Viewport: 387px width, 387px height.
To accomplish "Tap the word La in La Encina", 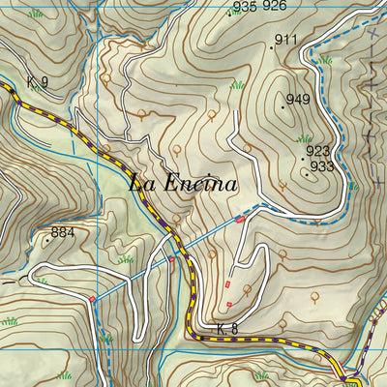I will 142,182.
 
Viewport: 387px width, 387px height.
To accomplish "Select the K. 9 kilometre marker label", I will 37,81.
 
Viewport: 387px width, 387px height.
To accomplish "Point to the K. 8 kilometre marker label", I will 226,330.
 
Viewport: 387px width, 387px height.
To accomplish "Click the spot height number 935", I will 245,7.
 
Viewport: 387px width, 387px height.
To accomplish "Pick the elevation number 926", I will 275,7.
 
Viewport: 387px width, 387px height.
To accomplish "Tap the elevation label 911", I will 285,40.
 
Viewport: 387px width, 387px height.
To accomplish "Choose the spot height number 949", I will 297,101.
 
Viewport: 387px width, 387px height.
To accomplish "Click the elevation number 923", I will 318,151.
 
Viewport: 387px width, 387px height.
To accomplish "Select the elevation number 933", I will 322,166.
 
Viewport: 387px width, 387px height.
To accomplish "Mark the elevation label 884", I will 63,233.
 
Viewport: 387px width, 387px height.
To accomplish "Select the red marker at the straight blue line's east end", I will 239,221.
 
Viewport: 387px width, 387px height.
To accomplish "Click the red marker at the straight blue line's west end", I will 93,300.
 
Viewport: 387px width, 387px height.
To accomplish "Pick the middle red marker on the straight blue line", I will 172,259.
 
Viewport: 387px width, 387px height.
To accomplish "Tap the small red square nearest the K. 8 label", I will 228,305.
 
